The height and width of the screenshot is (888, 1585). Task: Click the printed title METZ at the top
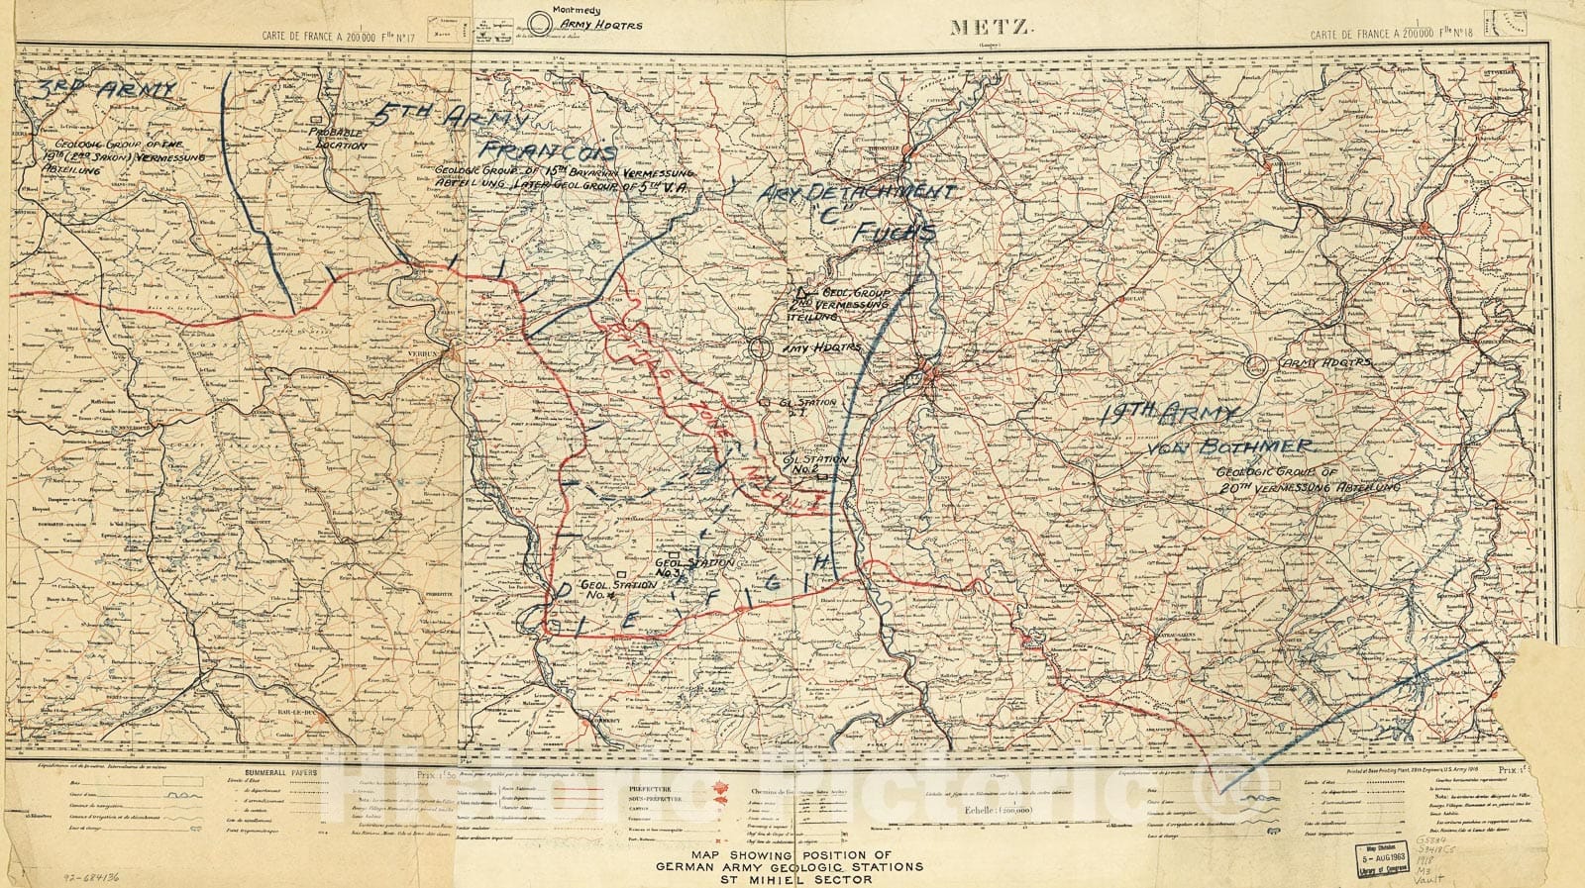pos(992,28)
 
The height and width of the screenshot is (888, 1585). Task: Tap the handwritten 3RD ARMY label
pos(104,94)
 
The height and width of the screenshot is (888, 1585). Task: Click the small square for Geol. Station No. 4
pos(619,572)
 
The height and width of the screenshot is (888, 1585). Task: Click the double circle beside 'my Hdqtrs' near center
pos(759,348)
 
